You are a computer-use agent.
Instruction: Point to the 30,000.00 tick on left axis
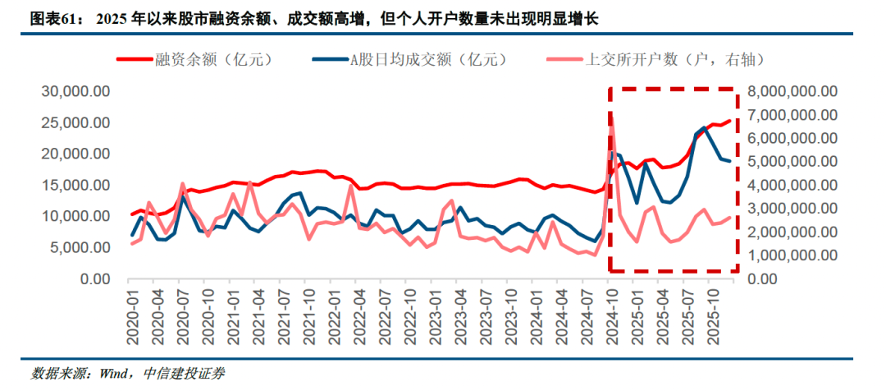(75, 91)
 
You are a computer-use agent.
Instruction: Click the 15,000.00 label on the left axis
(75, 185)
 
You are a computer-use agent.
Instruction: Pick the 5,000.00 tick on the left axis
(80, 248)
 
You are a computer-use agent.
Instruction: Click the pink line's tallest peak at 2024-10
(611, 116)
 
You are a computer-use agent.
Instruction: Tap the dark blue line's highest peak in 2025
(705, 127)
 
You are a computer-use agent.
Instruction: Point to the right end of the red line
(730, 121)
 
